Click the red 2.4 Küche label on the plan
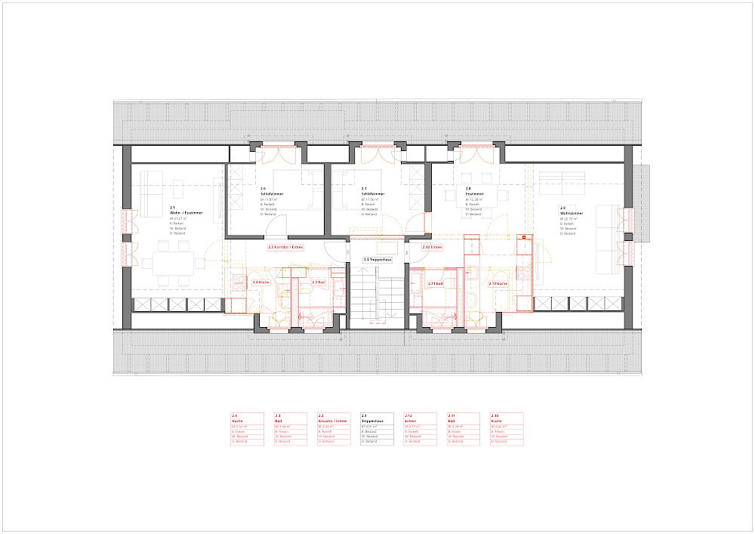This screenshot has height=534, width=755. (x=260, y=282)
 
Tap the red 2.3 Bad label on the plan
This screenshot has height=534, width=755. (x=318, y=282)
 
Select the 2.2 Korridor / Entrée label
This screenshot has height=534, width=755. (x=285, y=247)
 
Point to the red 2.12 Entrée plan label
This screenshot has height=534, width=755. (x=432, y=247)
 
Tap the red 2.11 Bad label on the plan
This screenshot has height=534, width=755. (x=436, y=284)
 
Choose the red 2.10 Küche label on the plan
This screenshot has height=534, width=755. (x=498, y=284)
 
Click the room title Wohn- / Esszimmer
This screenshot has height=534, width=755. (x=186, y=214)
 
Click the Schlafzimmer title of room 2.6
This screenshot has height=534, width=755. (x=271, y=193)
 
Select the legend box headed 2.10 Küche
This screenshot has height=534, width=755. (x=506, y=428)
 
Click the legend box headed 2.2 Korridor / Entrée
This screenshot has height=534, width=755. (x=333, y=428)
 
